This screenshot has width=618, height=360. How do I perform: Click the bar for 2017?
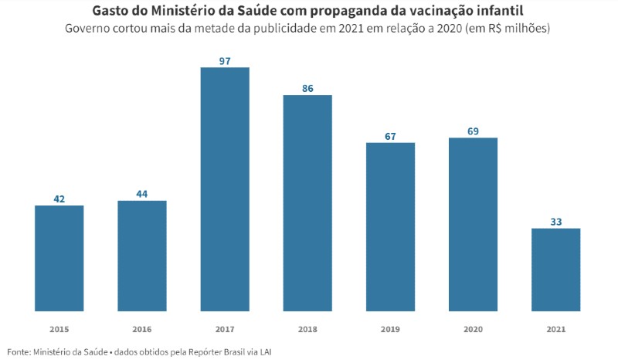click(225, 189)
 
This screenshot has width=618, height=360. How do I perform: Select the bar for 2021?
click(555, 270)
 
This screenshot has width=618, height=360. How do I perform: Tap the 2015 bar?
click(59, 258)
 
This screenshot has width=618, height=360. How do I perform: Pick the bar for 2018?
click(307, 203)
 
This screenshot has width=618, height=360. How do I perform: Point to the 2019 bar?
click(390, 226)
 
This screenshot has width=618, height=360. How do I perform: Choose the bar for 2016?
click(142, 256)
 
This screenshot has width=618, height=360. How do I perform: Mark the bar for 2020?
click(473, 224)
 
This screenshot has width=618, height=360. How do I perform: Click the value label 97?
click(225, 61)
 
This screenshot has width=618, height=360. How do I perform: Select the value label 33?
click(555, 222)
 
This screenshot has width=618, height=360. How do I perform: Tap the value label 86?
click(307, 89)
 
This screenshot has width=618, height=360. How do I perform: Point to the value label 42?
click(59, 199)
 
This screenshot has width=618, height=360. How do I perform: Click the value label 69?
click(473, 131)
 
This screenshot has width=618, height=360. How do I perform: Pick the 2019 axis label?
click(390, 329)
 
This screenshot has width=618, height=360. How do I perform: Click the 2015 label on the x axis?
click(59, 329)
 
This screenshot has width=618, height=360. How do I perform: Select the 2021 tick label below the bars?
click(555, 329)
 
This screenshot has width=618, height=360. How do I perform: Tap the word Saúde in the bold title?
click(253, 11)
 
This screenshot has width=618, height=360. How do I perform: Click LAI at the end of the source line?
click(266, 352)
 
